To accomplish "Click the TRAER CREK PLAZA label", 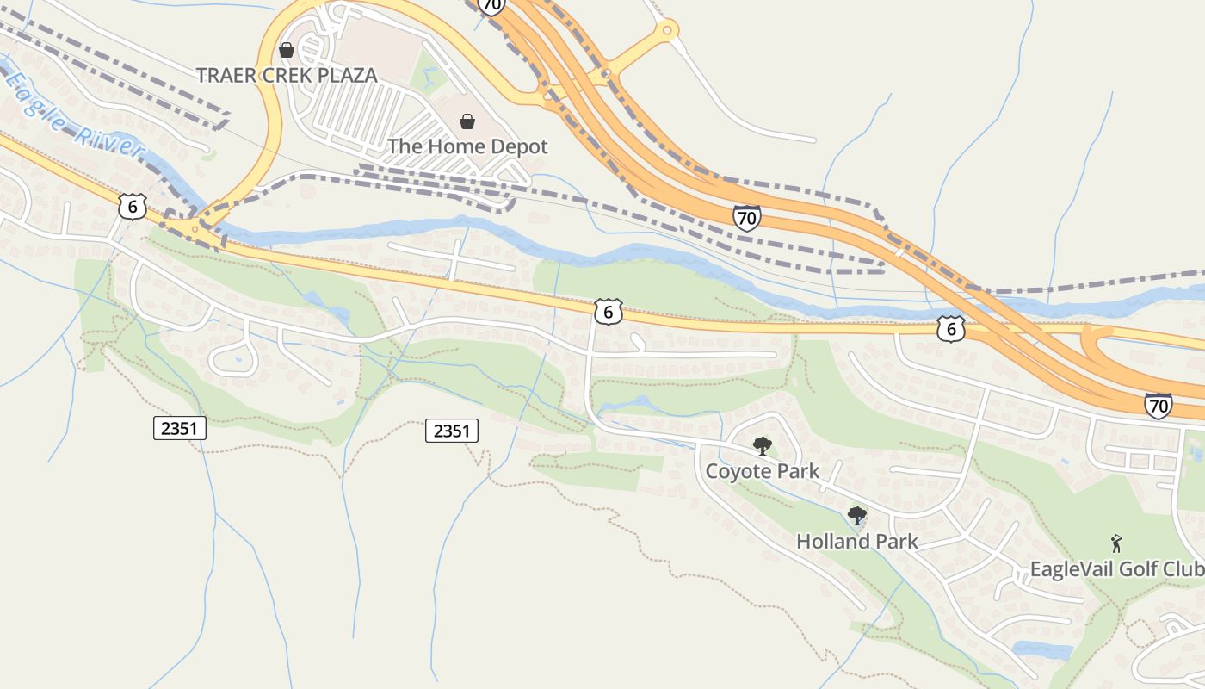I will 287,75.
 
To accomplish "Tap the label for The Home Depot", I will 467,146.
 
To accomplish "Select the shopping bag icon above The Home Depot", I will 467,121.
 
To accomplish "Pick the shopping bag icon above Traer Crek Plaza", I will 287,51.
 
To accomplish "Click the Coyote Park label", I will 763,471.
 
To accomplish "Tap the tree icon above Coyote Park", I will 762,445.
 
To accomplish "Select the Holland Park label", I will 857,542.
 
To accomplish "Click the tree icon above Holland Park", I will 856,516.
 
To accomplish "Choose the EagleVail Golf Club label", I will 1116,569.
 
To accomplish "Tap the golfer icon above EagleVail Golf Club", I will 1116,543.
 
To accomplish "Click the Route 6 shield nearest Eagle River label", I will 132,207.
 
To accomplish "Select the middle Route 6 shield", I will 608,312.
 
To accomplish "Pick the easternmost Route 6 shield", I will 950,328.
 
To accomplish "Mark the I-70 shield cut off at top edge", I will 491,5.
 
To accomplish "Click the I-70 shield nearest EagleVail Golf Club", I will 1158,405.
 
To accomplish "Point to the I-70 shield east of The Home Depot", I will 747,218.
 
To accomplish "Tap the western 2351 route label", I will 180,427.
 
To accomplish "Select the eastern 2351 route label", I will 452,431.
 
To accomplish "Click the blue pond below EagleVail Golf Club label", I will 1042,649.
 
